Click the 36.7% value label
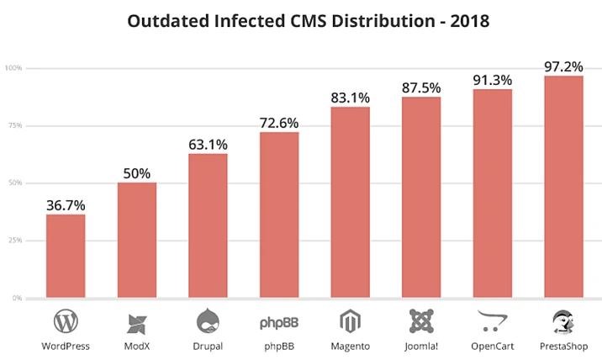point(66,205)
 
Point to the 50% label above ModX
point(136,173)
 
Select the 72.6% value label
point(279,123)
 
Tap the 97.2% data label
point(563,66)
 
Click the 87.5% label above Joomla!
point(421,87)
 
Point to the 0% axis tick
point(16,299)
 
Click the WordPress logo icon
point(66,321)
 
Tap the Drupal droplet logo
point(208,321)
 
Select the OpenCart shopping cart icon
point(493,321)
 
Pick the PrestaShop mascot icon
point(563,321)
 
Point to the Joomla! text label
point(421,346)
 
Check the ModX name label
point(136,346)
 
